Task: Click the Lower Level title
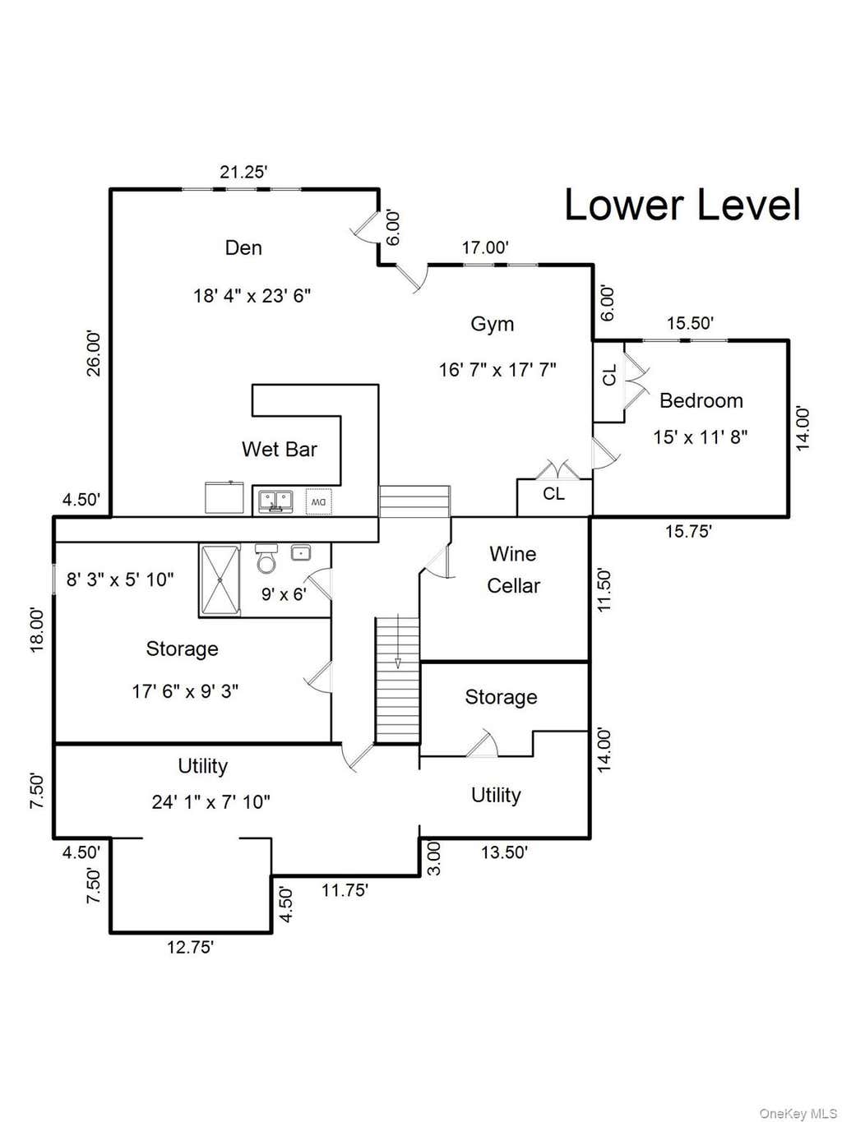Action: click(x=682, y=205)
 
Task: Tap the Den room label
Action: click(x=243, y=248)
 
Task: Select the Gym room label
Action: click(x=492, y=325)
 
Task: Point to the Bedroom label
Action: click(x=701, y=400)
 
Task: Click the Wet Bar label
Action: click(x=279, y=450)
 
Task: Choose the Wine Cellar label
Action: click(x=513, y=570)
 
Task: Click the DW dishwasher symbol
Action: click(x=318, y=501)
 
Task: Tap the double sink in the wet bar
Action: click(x=275, y=501)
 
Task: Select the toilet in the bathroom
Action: click(x=266, y=557)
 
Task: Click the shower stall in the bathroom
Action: click(x=220, y=580)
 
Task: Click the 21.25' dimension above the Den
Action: click(x=244, y=173)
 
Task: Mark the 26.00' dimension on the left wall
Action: click(x=93, y=353)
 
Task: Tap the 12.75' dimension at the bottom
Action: click(x=190, y=947)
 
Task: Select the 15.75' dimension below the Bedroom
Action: click(x=688, y=532)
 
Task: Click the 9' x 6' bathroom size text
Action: click(x=284, y=594)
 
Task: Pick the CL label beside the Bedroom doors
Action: click(x=610, y=375)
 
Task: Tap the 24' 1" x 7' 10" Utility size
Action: click(x=210, y=801)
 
